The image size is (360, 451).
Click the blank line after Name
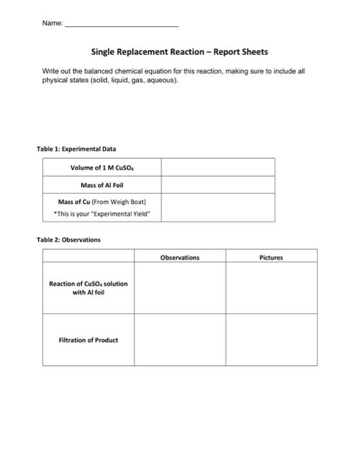pyautogui.click(x=122, y=24)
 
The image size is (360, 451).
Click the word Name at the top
pyautogui.click(x=52, y=23)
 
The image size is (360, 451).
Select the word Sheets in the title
pyautogui.click(x=253, y=52)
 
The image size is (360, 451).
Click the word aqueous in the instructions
pyautogui.click(x=160, y=81)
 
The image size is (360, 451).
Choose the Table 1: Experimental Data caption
pyautogui.click(x=76, y=149)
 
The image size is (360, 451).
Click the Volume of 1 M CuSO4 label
pyautogui.click(x=101, y=168)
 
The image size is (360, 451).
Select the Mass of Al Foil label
pyautogui.click(x=101, y=185)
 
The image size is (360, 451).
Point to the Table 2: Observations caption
pyautogui.click(x=69, y=240)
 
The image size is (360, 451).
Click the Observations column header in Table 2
pyautogui.click(x=180, y=257)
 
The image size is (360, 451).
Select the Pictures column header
pyautogui.click(x=271, y=257)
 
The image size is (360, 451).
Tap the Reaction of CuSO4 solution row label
pyautogui.click(x=88, y=288)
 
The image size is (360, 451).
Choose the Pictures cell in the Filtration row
pyautogui.click(x=271, y=340)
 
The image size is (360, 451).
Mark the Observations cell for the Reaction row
pyautogui.click(x=180, y=288)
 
